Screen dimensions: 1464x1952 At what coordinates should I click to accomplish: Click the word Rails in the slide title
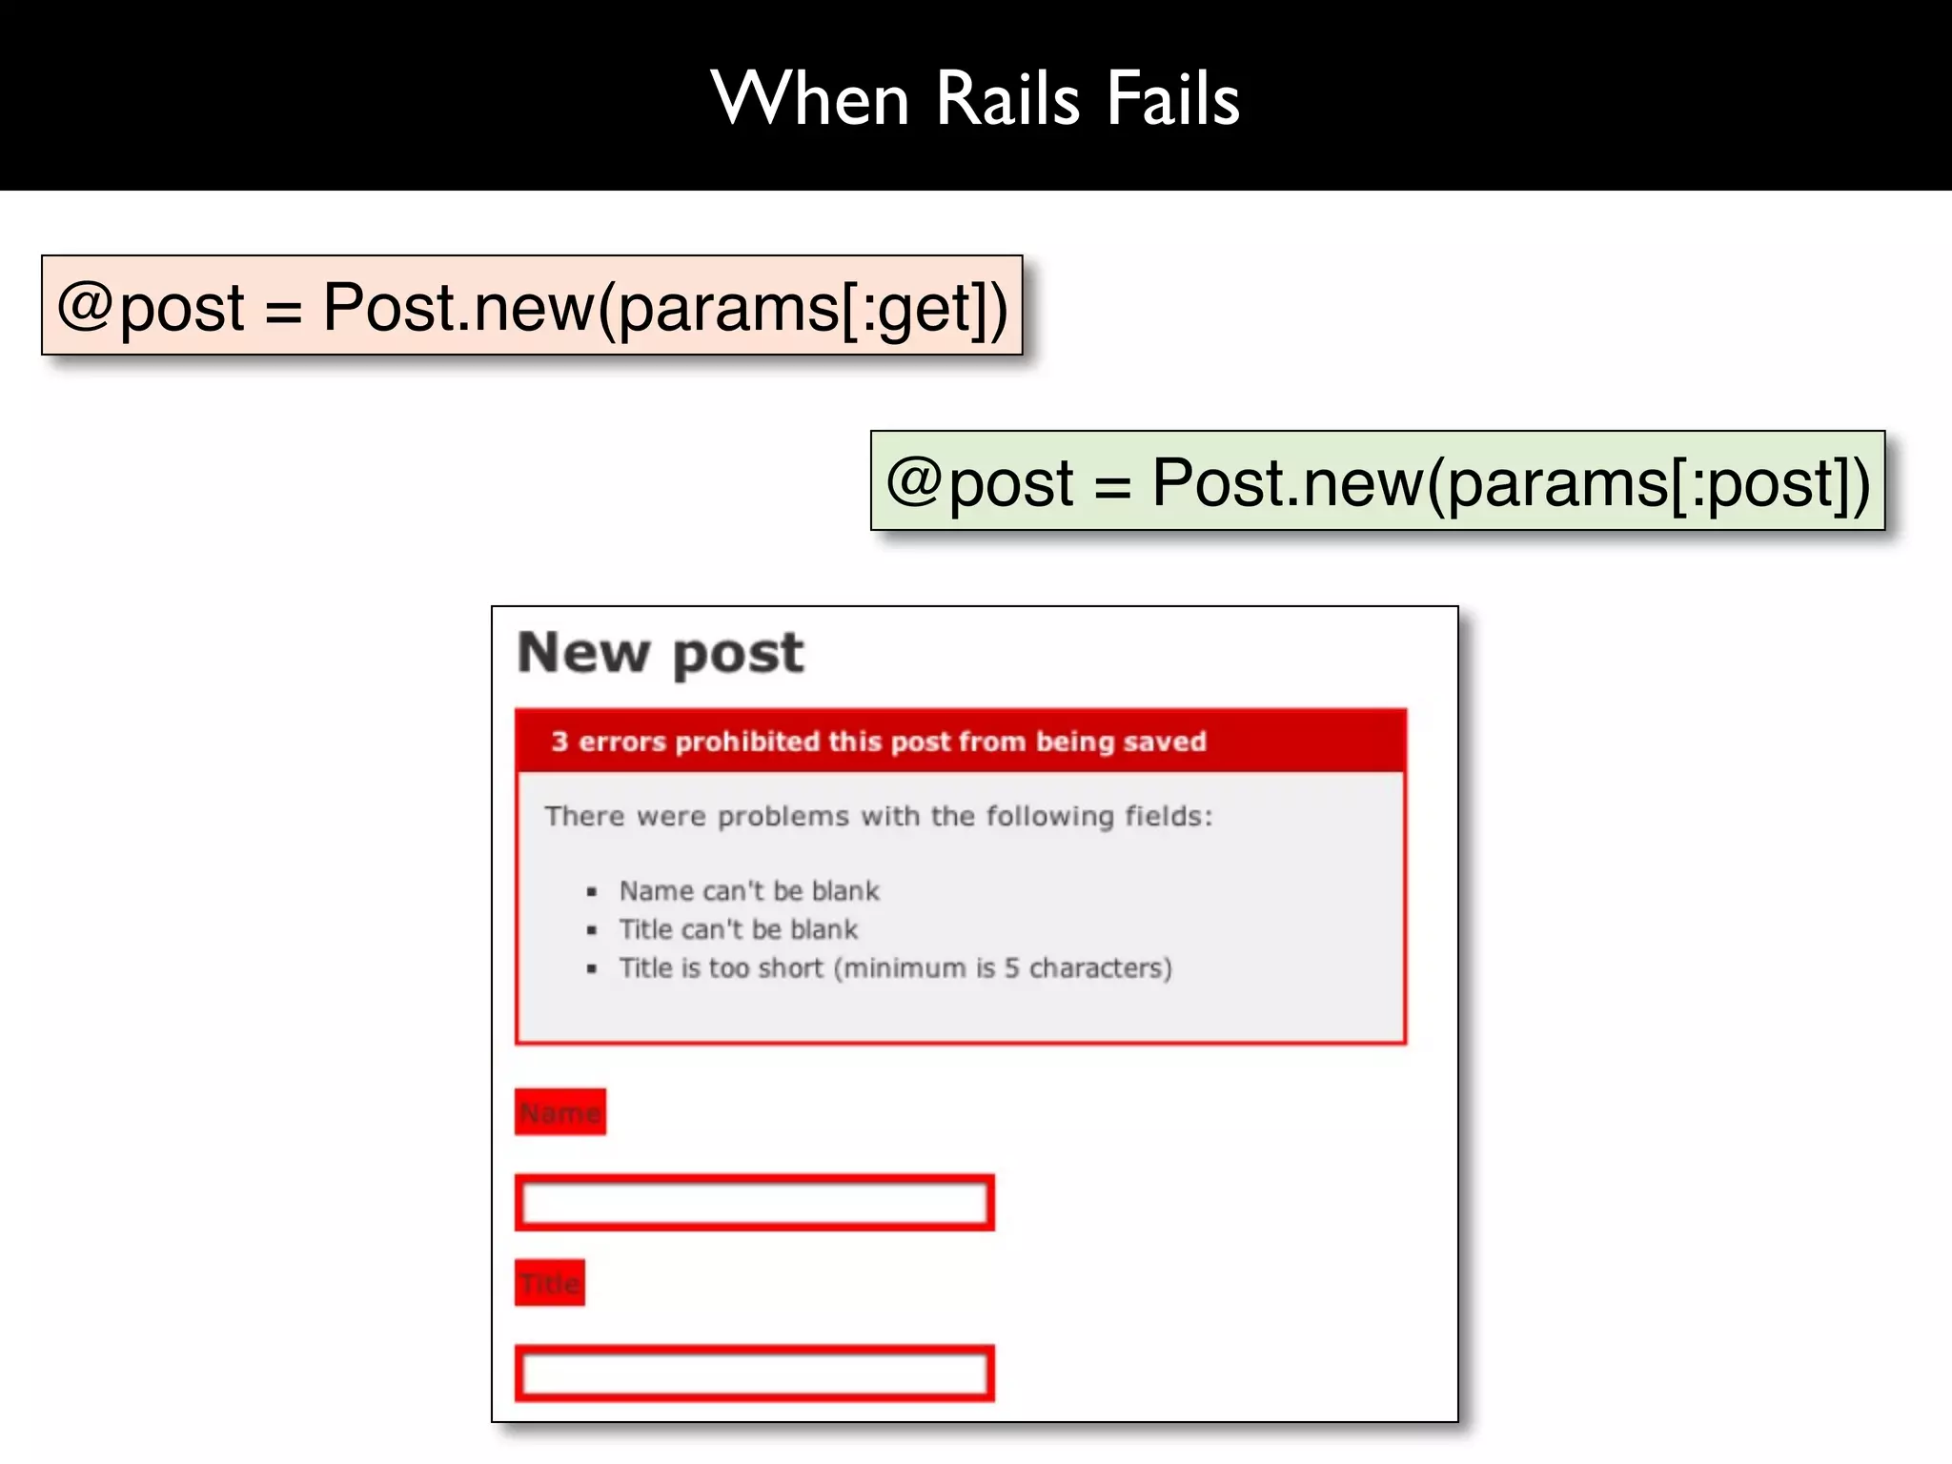click(1007, 99)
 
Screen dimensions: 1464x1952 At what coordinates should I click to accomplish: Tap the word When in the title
click(810, 99)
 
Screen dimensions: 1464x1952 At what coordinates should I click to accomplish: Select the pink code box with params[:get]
click(532, 306)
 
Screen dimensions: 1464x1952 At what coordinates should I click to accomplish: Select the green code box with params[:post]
click(1377, 481)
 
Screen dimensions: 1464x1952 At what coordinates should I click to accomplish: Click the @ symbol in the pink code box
click(86, 305)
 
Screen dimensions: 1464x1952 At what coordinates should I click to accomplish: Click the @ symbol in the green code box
click(915, 479)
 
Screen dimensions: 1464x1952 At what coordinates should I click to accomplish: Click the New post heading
click(661, 654)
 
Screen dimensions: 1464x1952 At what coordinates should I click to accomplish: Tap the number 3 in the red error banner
click(559, 742)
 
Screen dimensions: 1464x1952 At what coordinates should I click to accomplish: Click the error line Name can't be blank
click(749, 891)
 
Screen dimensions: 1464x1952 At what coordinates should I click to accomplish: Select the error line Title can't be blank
click(739, 929)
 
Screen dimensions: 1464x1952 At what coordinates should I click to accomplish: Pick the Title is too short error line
click(895, 968)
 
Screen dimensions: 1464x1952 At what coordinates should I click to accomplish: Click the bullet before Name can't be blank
click(592, 892)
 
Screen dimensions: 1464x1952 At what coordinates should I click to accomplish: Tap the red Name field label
click(560, 1112)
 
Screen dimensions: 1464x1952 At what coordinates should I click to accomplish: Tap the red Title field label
click(550, 1283)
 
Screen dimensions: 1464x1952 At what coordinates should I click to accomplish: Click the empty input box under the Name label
click(754, 1203)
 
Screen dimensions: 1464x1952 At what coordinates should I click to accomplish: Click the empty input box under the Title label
click(754, 1373)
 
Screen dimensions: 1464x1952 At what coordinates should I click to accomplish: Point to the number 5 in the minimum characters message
click(1012, 968)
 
